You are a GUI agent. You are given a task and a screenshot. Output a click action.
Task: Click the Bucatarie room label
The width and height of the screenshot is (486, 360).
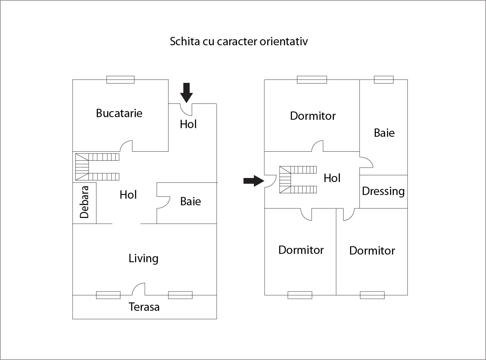119,113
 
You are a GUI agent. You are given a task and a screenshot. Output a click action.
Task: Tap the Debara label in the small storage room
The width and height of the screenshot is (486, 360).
85,202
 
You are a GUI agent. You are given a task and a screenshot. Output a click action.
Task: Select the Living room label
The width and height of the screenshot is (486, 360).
143,258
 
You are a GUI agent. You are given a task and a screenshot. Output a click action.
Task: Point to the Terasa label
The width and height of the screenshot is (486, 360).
144,307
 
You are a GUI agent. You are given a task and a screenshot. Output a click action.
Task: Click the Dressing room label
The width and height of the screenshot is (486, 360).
383,191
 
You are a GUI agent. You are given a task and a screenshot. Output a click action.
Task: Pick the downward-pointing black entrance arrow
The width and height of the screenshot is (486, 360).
186,92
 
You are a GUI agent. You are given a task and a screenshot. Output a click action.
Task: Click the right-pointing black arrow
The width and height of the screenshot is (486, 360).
254,181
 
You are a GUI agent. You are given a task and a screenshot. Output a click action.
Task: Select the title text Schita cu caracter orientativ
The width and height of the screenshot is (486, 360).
239,41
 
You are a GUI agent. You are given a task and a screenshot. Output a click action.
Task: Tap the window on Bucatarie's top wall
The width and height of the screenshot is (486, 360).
121,80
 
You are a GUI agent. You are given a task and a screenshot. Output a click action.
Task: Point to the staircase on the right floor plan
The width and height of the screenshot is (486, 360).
298,180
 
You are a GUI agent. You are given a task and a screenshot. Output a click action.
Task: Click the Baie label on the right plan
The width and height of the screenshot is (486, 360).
384,133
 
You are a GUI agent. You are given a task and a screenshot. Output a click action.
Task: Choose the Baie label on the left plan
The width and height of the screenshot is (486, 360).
190,201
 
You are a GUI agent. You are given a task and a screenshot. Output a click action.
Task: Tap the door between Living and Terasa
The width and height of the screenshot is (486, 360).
139,289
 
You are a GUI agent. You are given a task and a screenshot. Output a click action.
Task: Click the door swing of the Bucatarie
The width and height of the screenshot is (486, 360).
126,146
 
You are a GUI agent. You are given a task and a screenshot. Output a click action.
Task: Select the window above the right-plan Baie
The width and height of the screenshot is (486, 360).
383,80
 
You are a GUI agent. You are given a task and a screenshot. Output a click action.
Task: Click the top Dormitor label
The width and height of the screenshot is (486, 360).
313,116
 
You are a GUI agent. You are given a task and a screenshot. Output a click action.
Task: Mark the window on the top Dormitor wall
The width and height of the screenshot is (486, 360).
312,80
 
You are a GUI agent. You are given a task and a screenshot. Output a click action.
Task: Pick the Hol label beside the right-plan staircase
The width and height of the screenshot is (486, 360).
332,178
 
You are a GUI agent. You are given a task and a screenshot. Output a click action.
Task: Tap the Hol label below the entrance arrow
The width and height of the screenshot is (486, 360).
188,124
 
